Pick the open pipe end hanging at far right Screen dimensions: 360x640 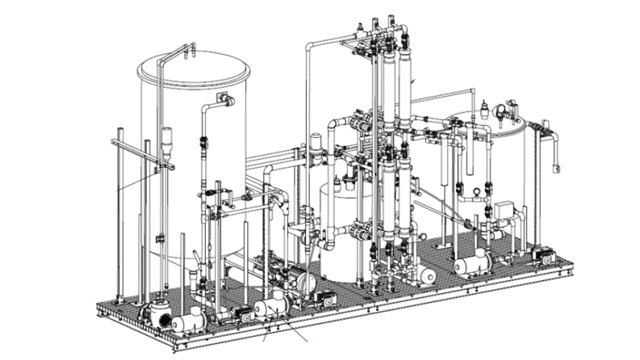click(555, 168)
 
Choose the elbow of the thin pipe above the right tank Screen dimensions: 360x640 click(472, 91)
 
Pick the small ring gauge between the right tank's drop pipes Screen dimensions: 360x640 click(476, 190)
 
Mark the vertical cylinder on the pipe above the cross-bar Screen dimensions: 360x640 click(166, 140)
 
